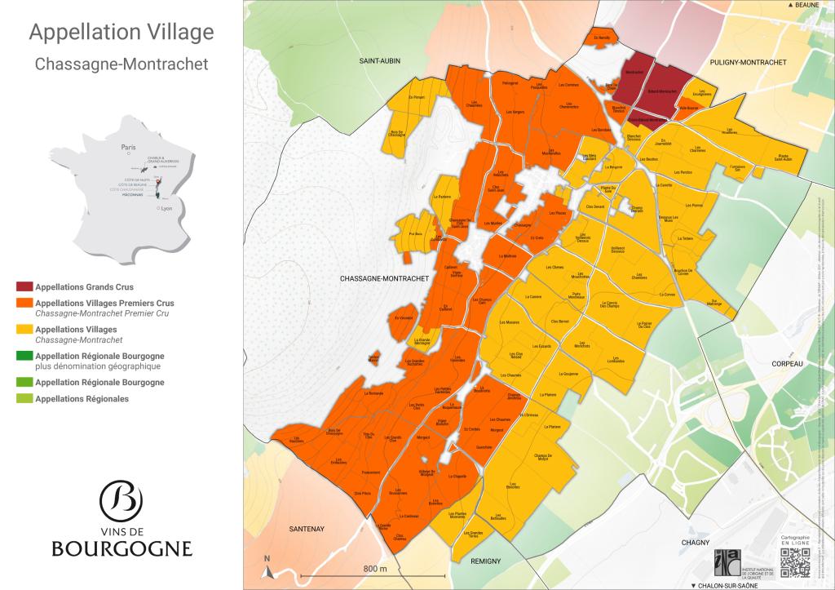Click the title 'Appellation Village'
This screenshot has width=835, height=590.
click(121, 32)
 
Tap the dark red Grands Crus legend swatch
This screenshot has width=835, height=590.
click(24, 287)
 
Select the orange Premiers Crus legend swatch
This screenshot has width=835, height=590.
click(24, 304)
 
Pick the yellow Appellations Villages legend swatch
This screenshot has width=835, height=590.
click(24, 330)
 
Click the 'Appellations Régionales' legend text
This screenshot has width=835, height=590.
click(82, 399)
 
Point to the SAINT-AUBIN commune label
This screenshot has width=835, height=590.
click(383, 61)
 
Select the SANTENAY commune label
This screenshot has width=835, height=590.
click(307, 529)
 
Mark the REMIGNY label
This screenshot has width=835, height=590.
click(484, 561)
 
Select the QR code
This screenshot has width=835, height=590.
click(796, 563)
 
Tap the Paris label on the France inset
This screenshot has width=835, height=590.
click(127, 148)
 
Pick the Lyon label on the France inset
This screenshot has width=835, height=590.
click(166, 209)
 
